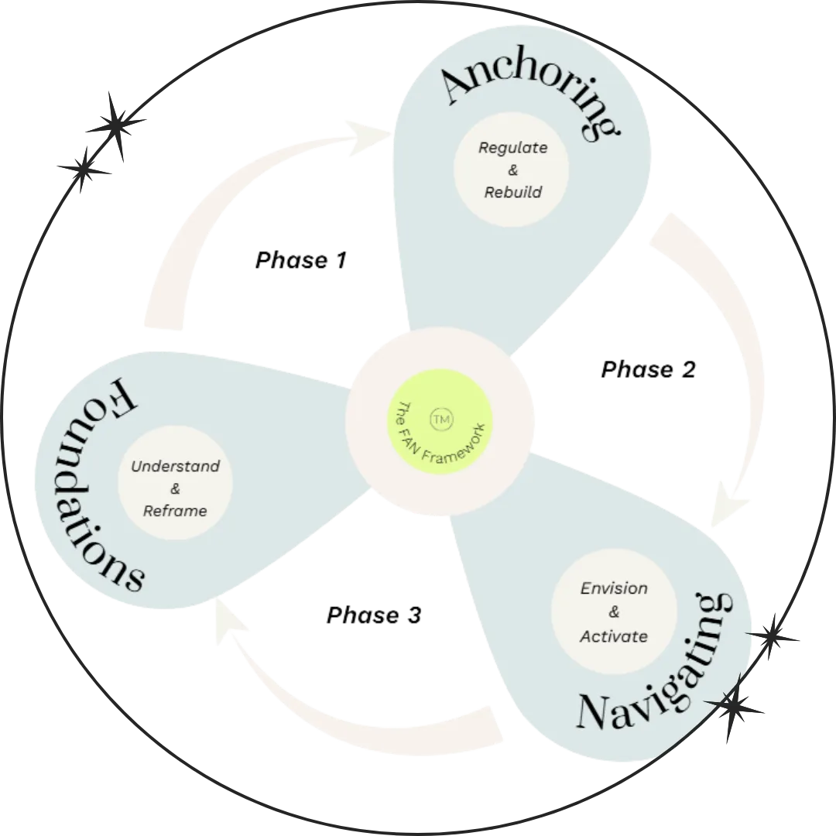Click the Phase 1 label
point(301,260)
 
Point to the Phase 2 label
point(649,369)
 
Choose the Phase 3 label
point(374,615)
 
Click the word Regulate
point(513,148)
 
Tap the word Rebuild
point(513,192)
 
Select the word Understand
point(176,467)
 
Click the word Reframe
point(175,511)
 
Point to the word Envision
point(614,588)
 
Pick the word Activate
point(614,636)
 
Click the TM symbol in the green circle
point(441,419)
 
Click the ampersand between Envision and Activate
point(614,612)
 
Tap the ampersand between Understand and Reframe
point(175,488)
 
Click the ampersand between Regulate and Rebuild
point(513,170)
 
